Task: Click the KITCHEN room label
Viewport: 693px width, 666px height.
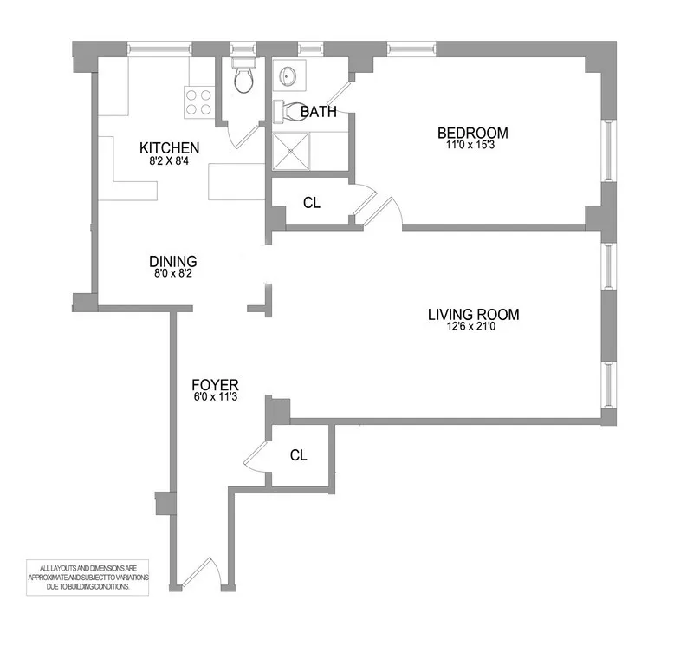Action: pyautogui.click(x=170, y=147)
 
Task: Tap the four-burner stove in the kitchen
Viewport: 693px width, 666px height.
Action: pyautogui.click(x=198, y=101)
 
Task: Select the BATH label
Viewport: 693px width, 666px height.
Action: pyautogui.click(x=318, y=112)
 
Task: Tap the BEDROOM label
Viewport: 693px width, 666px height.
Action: pyautogui.click(x=472, y=133)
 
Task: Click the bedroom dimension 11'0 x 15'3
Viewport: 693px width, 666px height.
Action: pyautogui.click(x=472, y=147)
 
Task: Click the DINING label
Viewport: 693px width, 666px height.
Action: pyautogui.click(x=173, y=261)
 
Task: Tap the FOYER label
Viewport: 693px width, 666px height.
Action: pyautogui.click(x=216, y=384)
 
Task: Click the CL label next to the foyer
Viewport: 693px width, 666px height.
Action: pyautogui.click(x=298, y=455)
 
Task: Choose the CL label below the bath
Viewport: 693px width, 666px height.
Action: pyautogui.click(x=312, y=203)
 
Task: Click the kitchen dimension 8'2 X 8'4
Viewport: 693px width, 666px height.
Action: pyautogui.click(x=170, y=160)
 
